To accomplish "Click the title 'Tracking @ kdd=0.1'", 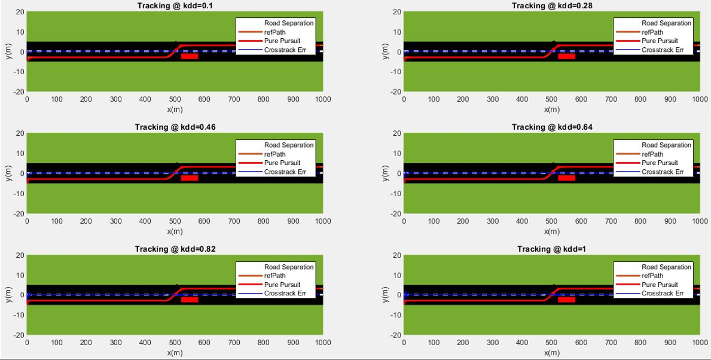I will pyautogui.click(x=175, y=5).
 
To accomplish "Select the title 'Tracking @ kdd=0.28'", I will pyautogui.click(x=551, y=5).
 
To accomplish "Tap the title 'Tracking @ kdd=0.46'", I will pyautogui.click(x=175, y=127).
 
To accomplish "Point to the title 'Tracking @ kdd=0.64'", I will pyautogui.click(x=551, y=127).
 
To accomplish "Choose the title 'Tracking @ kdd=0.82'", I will pyautogui.click(x=175, y=249).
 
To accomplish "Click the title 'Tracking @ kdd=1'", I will pyautogui.click(x=551, y=249).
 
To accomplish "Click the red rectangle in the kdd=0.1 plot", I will pyautogui.click(x=190, y=56).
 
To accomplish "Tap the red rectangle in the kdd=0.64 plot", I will pyautogui.click(x=566, y=178).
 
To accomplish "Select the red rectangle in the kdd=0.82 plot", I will pyautogui.click(x=190, y=300).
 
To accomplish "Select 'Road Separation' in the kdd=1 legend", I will pyautogui.click(x=666, y=267).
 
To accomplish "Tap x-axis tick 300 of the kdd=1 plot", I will pyautogui.click(x=493, y=343).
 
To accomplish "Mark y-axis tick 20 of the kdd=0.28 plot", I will pyautogui.click(x=396, y=12).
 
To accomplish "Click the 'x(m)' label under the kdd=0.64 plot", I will pyautogui.click(x=551, y=231).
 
